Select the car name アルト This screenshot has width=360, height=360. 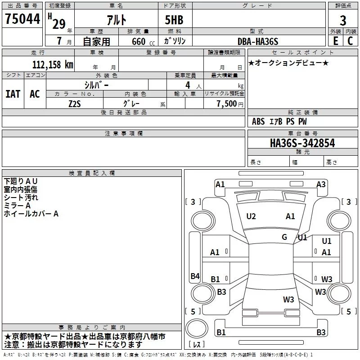click(116, 20)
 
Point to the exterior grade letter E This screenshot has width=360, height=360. click(335, 41)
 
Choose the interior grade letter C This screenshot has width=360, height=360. click(350, 41)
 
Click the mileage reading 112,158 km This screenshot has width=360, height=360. click(53, 64)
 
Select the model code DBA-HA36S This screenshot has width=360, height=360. click(258, 41)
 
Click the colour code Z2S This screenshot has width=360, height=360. click(75, 103)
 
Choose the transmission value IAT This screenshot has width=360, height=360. click(13, 94)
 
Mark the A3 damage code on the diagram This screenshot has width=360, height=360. click(321, 184)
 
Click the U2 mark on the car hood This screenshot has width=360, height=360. click(251, 216)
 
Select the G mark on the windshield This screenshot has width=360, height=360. click(284, 237)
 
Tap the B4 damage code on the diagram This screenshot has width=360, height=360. click(195, 276)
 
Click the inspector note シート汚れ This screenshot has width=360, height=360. click(21, 198)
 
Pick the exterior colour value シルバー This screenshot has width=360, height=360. click(96, 85)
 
